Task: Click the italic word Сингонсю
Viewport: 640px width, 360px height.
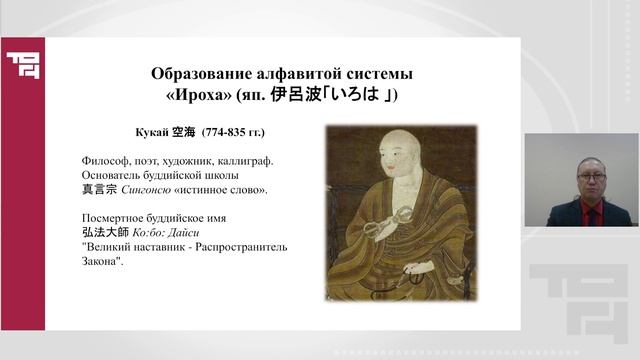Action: tap(148, 190)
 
